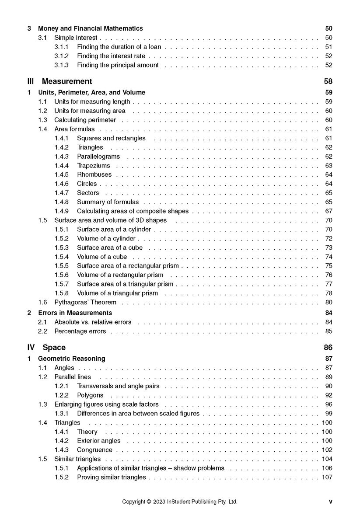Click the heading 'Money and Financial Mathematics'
pyautogui.click(x=91, y=28)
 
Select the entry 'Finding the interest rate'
pyautogui.click(x=111, y=56)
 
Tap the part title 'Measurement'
pyautogui.click(x=67, y=81)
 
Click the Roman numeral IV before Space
pyautogui.click(x=31, y=348)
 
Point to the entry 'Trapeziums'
pyautogui.click(x=94, y=166)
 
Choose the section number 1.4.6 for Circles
pyautogui.click(x=62, y=184)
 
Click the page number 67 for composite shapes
pyautogui.click(x=329, y=211)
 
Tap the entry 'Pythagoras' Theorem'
pyautogui.click(x=85, y=302)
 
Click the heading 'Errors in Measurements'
pyautogui.click(x=75, y=313)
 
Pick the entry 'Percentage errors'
pyautogui.click(x=80, y=331)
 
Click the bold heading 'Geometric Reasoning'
pyautogui.click(x=72, y=359)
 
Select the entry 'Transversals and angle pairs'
pyautogui.click(x=118, y=386)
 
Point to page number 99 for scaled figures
pyautogui.click(x=329, y=414)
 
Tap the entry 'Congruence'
pyautogui.click(x=94, y=450)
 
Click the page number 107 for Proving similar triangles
pyautogui.click(x=327, y=477)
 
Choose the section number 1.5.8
pyautogui.click(x=62, y=293)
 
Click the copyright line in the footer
pyautogui.click(x=179, y=502)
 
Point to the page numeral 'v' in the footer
pyautogui.click(x=330, y=502)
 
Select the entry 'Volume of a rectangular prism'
pyautogui.click(x=120, y=275)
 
